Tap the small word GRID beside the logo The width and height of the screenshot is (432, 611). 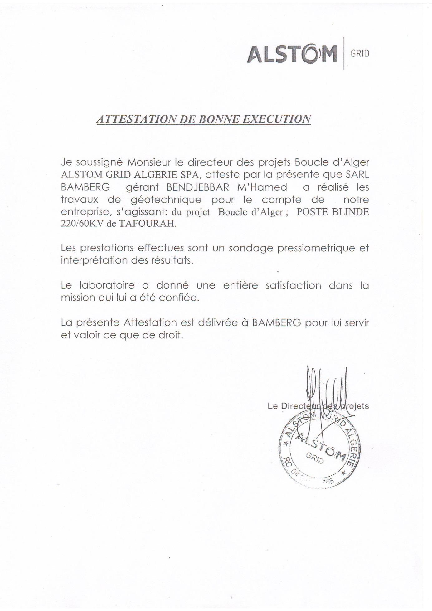(360, 54)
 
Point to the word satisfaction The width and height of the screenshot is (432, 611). (293, 285)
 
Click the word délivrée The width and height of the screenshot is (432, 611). (220, 323)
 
